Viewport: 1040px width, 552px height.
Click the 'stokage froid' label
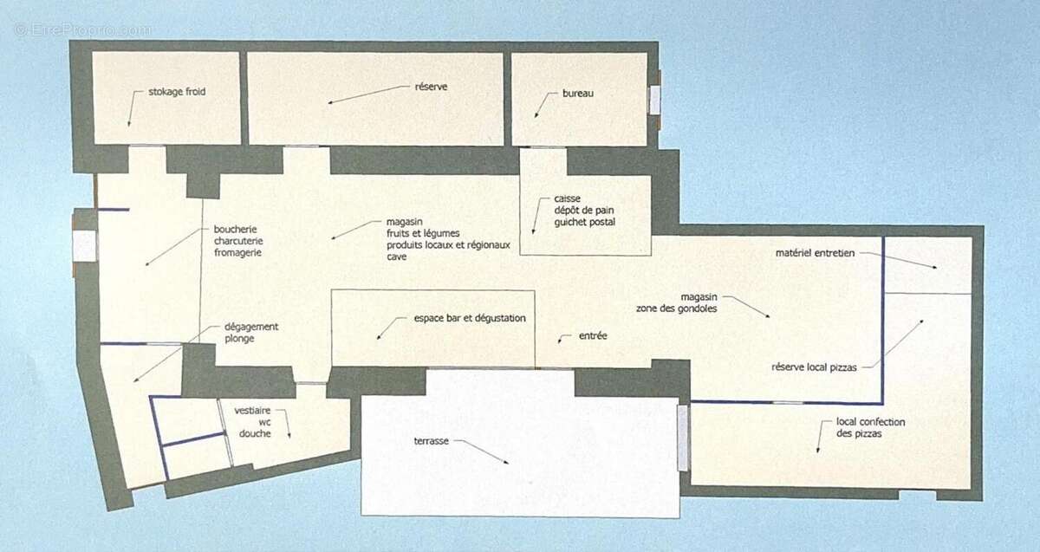pyautogui.click(x=177, y=92)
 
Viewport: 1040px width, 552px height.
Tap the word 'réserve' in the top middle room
pyautogui.click(x=431, y=87)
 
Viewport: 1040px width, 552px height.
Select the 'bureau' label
pyautogui.click(x=578, y=93)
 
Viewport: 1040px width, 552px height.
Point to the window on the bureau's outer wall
pyautogui.click(x=654, y=100)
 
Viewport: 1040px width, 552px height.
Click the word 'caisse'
pyautogui.click(x=567, y=198)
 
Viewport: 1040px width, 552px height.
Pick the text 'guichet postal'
pyautogui.click(x=584, y=222)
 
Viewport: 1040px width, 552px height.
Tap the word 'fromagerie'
pyautogui.click(x=237, y=252)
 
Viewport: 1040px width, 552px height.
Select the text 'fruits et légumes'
pyautogui.click(x=423, y=233)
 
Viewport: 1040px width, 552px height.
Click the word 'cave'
pyautogui.click(x=397, y=257)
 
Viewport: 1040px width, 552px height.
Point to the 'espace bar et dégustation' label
pyautogui.click(x=470, y=318)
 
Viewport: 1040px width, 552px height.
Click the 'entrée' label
pyautogui.click(x=593, y=335)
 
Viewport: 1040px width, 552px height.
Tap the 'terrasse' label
pyautogui.click(x=432, y=440)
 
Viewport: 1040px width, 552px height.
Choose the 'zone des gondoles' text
pyautogui.click(x=677, y=308)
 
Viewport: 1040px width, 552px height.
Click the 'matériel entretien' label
pyautogui.click(x=815, y=253)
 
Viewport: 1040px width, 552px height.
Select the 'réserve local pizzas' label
pyautogui.click(x=814, y=367)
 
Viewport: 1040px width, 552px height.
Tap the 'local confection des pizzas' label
pyautogui.click(x=870, y=427)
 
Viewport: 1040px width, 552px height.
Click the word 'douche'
pyautogui.click(x=255, y=433)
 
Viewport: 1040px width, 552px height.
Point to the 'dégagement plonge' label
pyautogui.click(x=251, y=333)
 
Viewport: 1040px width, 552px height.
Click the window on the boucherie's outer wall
pyautogui.click(x=85, y=245)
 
